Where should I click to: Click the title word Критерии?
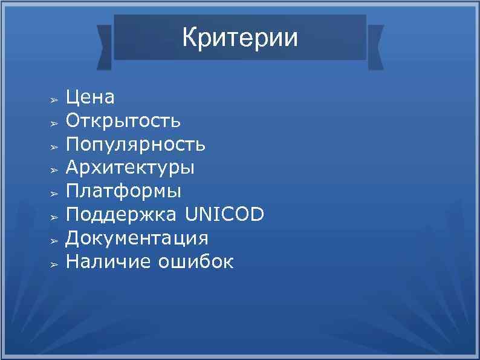(240, 38)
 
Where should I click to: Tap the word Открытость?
(123, 120)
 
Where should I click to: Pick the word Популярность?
(136, 145)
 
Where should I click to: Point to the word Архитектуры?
(131, 168)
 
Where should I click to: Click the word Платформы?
(123, 191)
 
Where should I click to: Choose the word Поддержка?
(122, 215)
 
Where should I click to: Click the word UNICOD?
(224, 215)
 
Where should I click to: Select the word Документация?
(137, 238)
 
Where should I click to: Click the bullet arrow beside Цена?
(53, 99)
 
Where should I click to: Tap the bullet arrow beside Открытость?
(53, 122)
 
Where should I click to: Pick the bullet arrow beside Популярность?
(53, 146)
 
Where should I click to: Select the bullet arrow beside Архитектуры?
(53, 169)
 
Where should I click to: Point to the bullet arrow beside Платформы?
(53, 193)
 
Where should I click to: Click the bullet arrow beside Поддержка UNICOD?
(53, 217)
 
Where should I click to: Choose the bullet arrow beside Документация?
(53, 240)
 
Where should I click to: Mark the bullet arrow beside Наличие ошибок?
(53, 264)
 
